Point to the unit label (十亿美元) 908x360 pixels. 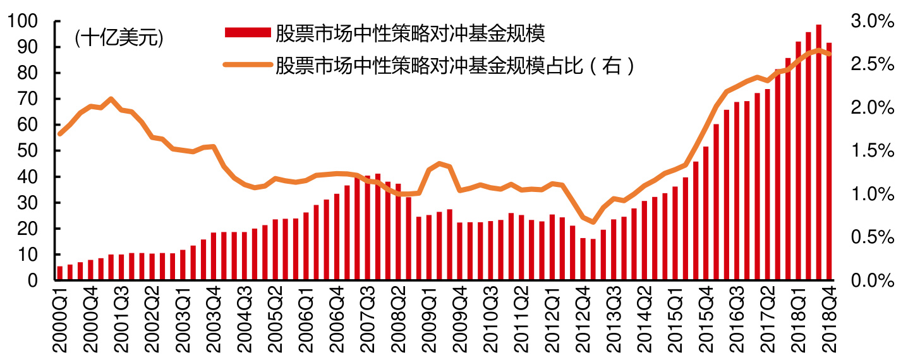tap(119, 39)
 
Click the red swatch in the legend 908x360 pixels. tap(247, 33)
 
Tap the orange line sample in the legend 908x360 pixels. tap(247, 64)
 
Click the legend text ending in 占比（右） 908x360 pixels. tap(454, 64)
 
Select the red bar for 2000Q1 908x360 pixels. tap(60, 273)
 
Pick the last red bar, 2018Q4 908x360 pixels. tap(828, 162)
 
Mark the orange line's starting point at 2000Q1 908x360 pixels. tap(60, 134)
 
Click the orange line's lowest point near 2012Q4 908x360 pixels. tap(593, 222)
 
